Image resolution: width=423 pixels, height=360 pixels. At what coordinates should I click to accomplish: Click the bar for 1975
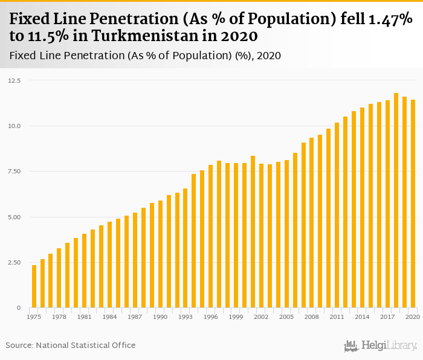pyautogui.click(x=34, y=286)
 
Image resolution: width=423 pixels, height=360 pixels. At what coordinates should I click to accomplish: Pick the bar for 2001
pyautogui.click(x=253, y=232)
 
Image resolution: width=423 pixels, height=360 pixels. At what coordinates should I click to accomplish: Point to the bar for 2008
pyautogui.click(x=312, y=223)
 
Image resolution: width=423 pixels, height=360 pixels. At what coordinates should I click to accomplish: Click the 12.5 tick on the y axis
pyautogui.click(x=15, y=80)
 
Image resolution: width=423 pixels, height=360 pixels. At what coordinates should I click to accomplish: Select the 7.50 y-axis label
pyautogui.click(x=15, y=172)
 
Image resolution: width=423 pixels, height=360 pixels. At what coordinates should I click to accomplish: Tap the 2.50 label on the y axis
pyautogui.click(x=15, y=263)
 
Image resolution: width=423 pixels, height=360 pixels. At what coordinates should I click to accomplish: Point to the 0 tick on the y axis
pyautogui.click(x=19, y=308)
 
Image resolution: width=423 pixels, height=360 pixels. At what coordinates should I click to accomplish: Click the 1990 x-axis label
pyautogui.click(x=160, y=317)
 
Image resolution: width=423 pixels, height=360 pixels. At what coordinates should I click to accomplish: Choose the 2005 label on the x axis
pyautogui.click(x=286, y=317)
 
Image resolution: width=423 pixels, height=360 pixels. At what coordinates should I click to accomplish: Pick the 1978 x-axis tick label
pyautogui.click(x=59, y=317)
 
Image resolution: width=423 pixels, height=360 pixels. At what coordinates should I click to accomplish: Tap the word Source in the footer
pyautogui.click(x=19, y=346)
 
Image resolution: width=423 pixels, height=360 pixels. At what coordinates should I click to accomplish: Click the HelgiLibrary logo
pyautogui.click(x=380, y=346)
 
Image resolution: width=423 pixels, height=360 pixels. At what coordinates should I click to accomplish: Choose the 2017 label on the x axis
pyautogui.click(x=388, y=317)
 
